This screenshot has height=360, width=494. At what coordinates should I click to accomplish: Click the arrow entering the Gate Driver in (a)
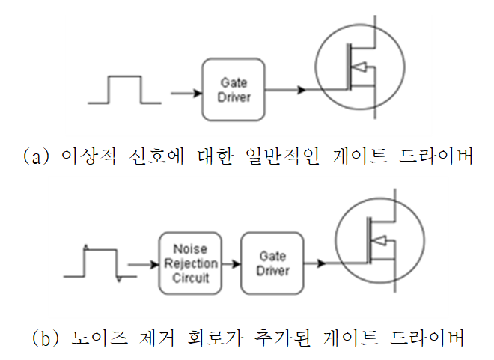(186, 94)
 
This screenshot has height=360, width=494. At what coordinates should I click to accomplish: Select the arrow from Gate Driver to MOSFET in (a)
(285, 90)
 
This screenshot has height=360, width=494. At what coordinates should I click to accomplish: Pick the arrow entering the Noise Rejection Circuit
(144, 264)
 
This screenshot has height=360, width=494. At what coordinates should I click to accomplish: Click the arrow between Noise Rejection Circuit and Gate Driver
(231, 263)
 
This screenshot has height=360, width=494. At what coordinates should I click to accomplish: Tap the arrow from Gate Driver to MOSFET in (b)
(314, 263)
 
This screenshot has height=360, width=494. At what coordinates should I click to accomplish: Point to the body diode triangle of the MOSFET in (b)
(379, 241)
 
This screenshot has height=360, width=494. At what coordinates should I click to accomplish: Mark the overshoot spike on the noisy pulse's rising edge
(86, 247)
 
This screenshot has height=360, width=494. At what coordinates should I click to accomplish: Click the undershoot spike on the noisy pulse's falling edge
(119, 279)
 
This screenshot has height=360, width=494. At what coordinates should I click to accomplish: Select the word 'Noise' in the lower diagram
(190, 249)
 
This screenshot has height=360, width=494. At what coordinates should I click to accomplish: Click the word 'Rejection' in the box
(191, 263)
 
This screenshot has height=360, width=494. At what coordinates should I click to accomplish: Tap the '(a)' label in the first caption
(36, 156)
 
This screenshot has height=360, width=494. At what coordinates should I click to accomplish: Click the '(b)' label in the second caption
(46, 338)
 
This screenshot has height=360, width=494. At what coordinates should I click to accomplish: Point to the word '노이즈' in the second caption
(100, 338)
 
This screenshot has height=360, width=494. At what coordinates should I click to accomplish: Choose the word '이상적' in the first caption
(88, 156)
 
